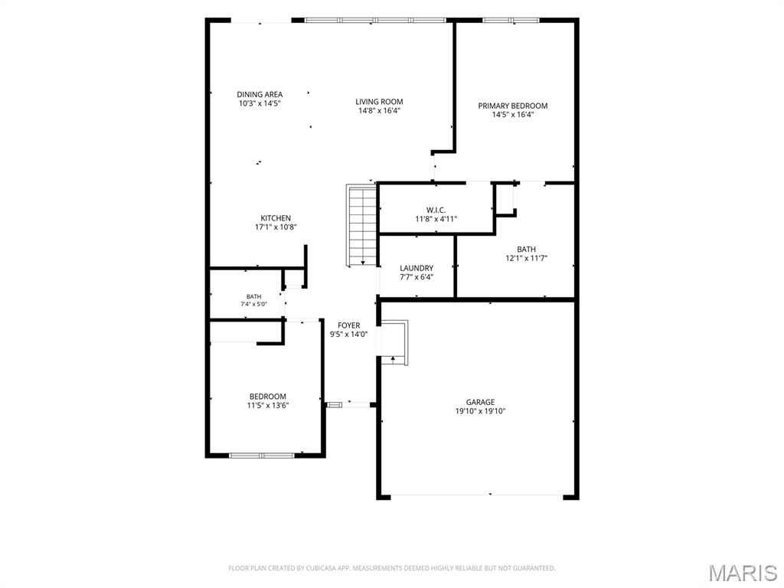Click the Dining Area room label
point(260,94)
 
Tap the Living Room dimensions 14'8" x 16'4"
point(379,110)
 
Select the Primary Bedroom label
point(512,106)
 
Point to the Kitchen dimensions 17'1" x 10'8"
point(276,227)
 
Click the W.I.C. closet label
point(436,210)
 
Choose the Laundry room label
point(416,268)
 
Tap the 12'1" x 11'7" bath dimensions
point(527,258)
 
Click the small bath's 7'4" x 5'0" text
point(253,303)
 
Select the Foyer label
point(348,325)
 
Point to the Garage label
point(480,402)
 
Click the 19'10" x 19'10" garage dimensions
point(480,411)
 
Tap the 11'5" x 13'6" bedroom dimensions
point(268,406)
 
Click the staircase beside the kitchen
point(361,225)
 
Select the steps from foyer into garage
point(394,342)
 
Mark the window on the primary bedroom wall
point(511,21)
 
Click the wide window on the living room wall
point(375,21)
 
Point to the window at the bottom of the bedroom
point(262,456)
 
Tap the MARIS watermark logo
point(743,573)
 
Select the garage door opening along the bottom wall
point(477,496)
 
